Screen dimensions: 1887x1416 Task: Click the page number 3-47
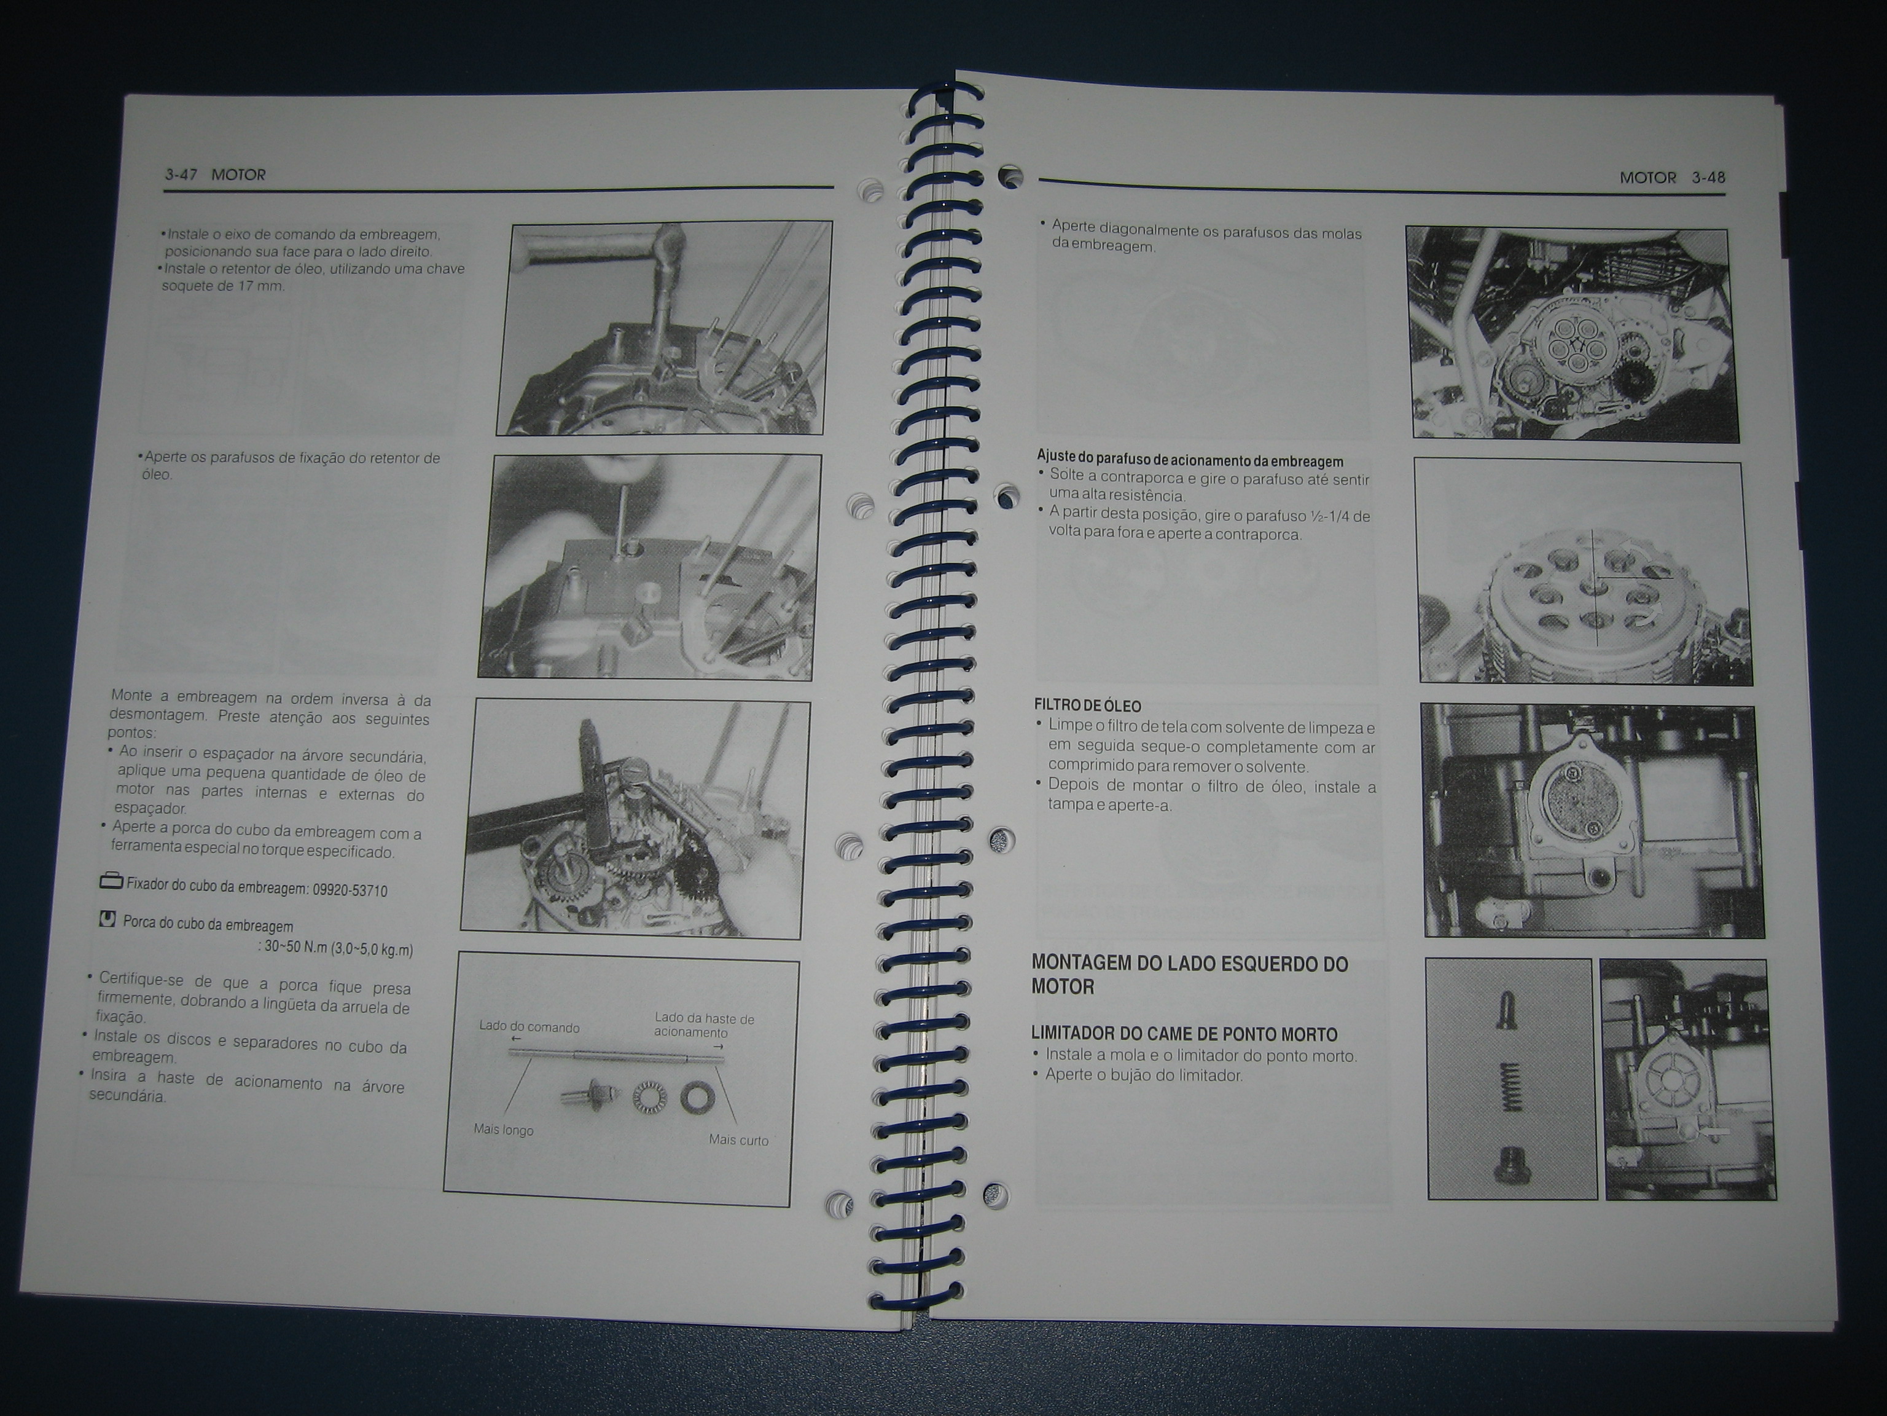(181, 174)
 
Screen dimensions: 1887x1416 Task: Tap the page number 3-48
(1709, 178)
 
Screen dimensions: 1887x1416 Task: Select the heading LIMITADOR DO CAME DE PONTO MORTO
(1184, 1034)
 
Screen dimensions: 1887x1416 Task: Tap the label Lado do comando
(529, 1027)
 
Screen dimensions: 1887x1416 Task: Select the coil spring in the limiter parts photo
(1511, 1087)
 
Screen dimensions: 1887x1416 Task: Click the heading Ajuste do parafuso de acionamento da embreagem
(1190, 461)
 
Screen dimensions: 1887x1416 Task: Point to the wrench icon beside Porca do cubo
(107, 919)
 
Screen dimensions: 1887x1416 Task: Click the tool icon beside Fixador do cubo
(111, 880)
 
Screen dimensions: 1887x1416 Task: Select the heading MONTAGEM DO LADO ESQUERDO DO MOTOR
(1190, 975)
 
